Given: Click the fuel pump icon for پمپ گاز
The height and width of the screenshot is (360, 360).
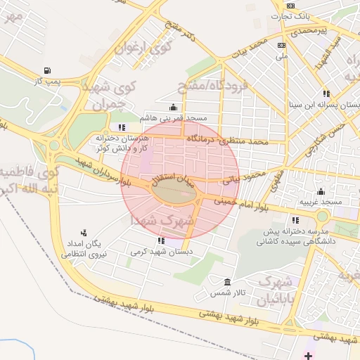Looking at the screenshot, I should [x=48, y=70].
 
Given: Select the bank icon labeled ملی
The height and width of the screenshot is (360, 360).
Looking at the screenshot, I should [x=281, y=45].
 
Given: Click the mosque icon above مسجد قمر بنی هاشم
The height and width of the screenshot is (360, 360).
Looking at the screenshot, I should [x=174, y=107].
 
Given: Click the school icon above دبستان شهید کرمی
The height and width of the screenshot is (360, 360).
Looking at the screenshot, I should [x=162, y=241].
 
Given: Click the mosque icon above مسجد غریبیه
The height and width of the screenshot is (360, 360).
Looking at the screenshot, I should [x=321, y=191].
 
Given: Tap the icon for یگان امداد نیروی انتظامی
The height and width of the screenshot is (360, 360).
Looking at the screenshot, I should [x=84, y=232].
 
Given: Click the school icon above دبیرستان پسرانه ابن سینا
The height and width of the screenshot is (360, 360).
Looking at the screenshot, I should [x=326, y=93].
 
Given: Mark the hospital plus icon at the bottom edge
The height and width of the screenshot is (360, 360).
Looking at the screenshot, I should [x=308, y=355].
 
